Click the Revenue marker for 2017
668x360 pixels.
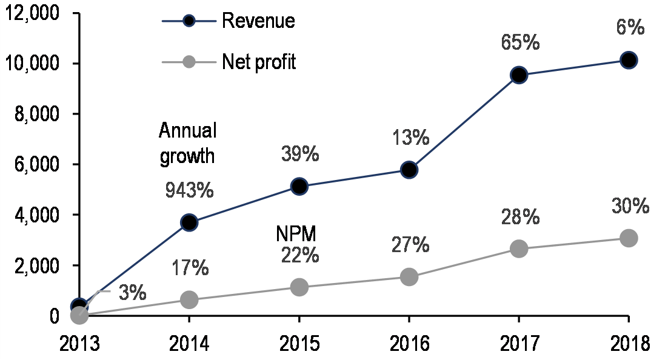point(519,75)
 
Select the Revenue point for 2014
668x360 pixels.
point(189,222)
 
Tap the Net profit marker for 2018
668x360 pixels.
point(629,238)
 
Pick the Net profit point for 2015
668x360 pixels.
point(299,287)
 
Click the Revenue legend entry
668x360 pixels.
point(258,21)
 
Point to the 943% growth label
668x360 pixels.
point(189,190)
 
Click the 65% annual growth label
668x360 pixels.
point(519,44)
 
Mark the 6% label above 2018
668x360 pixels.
point(629,28)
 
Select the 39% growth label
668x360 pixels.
point(300,155)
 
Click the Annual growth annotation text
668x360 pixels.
point(187,143)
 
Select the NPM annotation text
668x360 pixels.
point(298,234)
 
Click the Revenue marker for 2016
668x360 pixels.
point(409,170)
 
